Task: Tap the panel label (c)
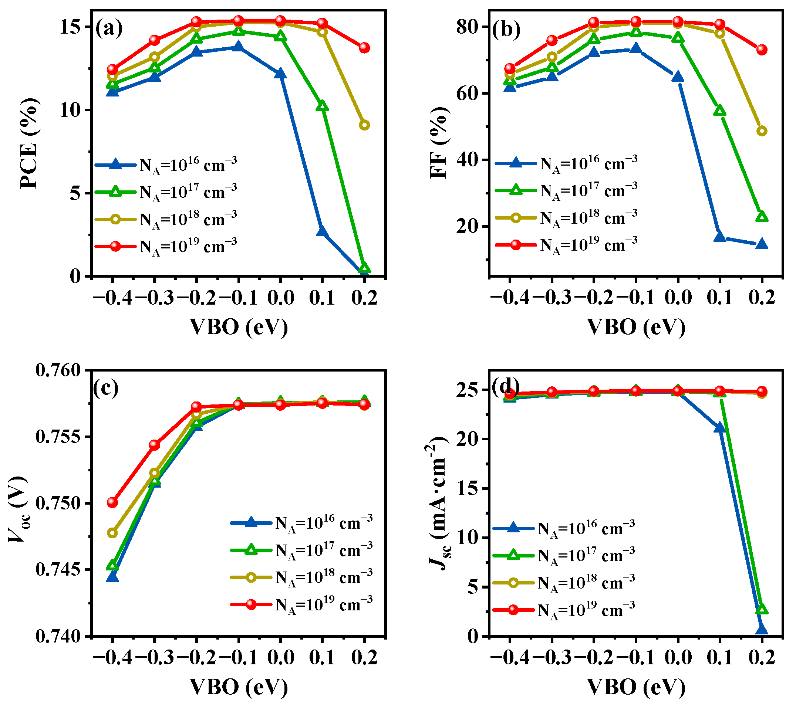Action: click(106, 388)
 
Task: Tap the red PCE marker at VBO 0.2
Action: click(364, 48)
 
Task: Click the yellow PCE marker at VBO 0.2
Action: click(364, 125)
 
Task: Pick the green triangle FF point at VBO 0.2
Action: click(762, 217)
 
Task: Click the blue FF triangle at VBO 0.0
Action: click(678, 77)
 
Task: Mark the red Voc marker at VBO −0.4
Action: click(112, 502)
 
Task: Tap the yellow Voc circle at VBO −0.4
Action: click(112, 533)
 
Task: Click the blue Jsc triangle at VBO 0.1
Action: click(720, 428)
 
